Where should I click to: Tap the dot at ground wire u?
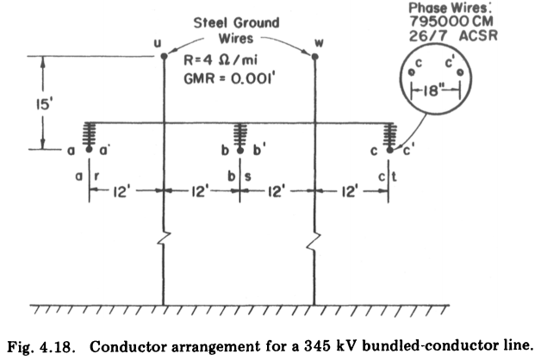point(164,57)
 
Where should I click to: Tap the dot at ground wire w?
point(314,57)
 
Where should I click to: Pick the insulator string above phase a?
point(88,134)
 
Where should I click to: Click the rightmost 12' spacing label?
point(351,192)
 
